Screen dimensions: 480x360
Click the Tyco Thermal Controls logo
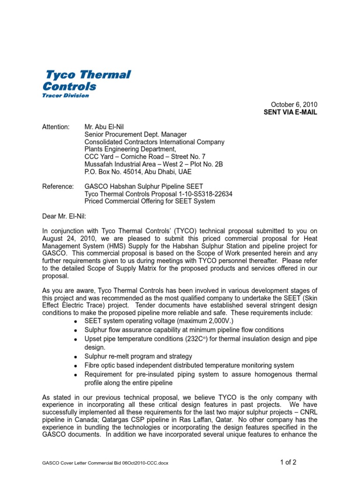pyautogui.click(x=87, y=80)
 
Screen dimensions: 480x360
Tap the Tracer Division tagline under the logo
pyautogui.click(x=66, y=96)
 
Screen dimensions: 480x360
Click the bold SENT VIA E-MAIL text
pyautogui.click(x=291, y=112)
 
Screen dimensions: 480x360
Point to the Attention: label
pyautogui.click(x=56, y=127)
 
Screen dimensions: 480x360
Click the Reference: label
pyautogui.click(x=58, y=187)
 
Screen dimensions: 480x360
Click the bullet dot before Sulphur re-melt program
pyautogui.click(x=75, y=356)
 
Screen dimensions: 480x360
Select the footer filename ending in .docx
pyautogui.click(x=105, y=464)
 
